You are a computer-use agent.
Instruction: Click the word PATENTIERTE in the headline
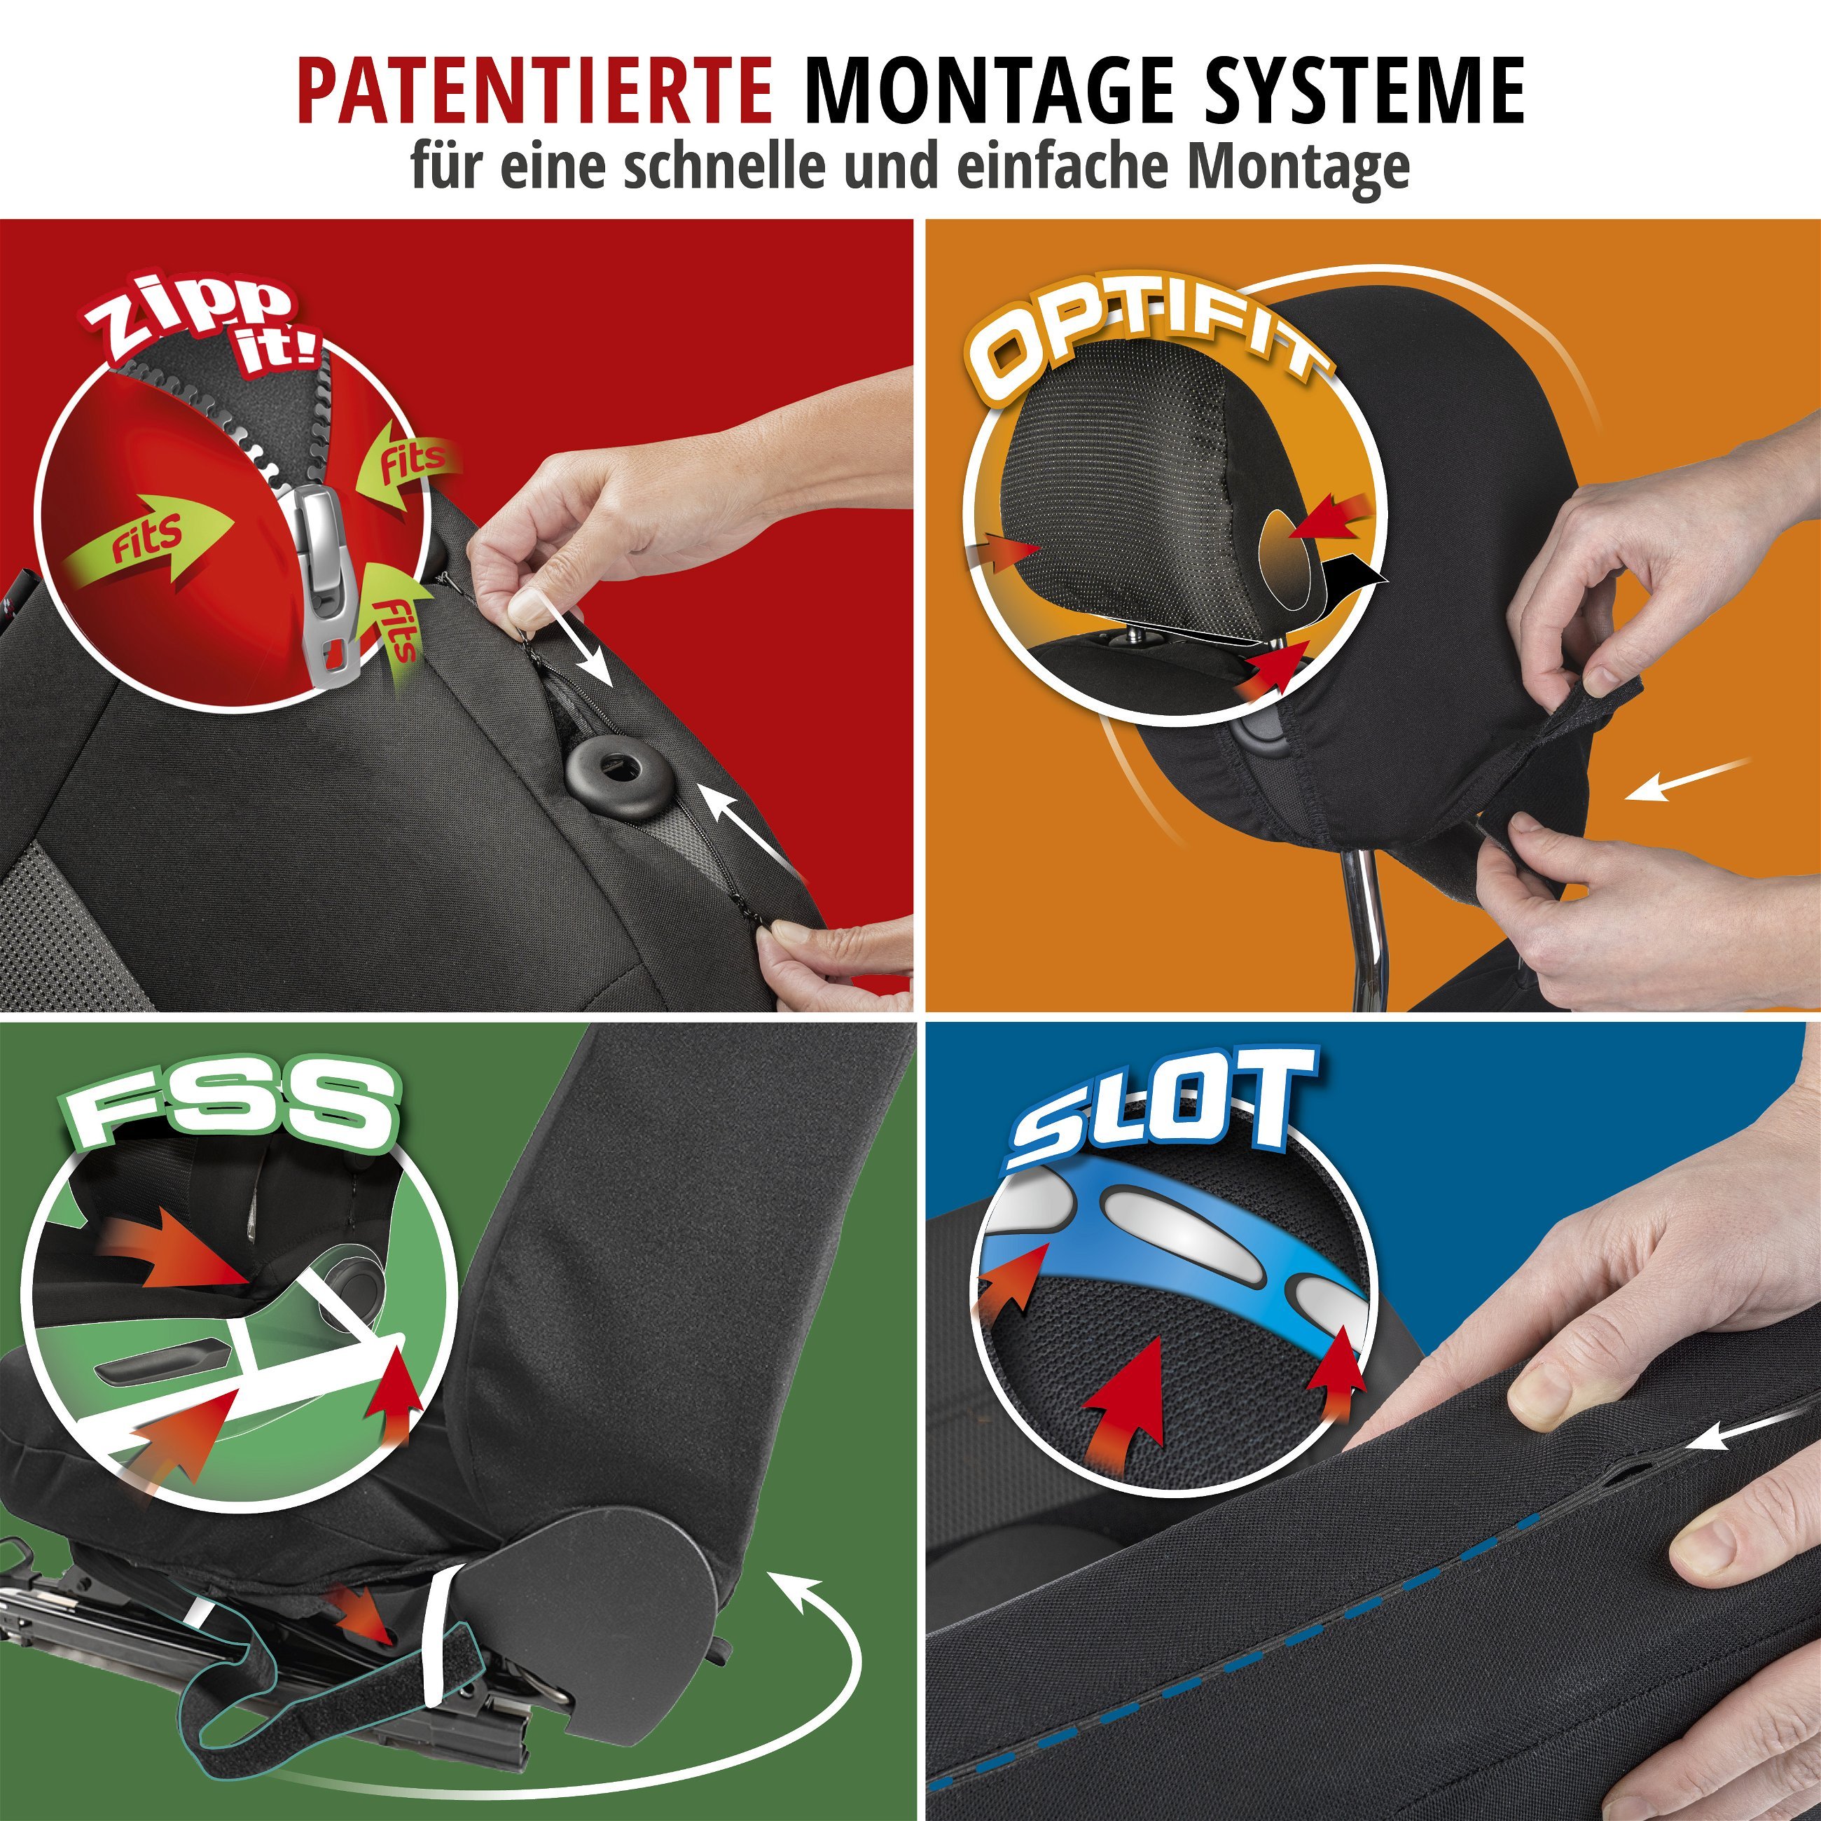click(534, 92)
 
